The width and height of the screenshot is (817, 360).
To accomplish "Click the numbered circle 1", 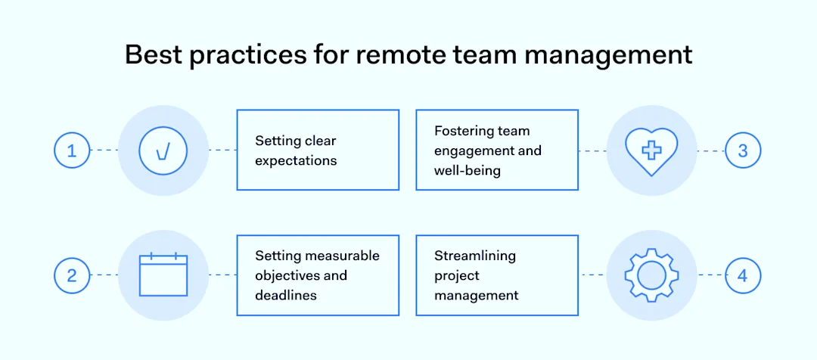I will click(x=72, y=151).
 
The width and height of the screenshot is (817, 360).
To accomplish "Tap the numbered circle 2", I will click(x=72, y=275).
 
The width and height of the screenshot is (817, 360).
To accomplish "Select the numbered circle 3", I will click(x=743, y=151).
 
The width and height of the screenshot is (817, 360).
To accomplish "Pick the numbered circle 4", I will click(x=743, y=275).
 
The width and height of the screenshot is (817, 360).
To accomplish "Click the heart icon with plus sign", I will click(x=651, y=151).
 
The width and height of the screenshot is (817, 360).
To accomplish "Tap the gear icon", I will click(x=651, y=275).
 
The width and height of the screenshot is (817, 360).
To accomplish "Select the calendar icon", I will click(x=163, y=275).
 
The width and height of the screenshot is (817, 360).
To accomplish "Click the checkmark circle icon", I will click(x=163, y=151).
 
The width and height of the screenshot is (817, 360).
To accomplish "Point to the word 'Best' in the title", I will click(x=154, y=55).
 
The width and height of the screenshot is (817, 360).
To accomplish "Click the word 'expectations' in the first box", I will click(x=296, y=160).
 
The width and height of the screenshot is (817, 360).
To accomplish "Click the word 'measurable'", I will click(x=342, y=256).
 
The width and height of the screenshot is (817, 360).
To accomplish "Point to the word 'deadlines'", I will click(x=286, y=295).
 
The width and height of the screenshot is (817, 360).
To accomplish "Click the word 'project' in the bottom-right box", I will click(x=457, y=275).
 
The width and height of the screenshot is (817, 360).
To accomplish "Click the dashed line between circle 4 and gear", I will click(x=711, y=275).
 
